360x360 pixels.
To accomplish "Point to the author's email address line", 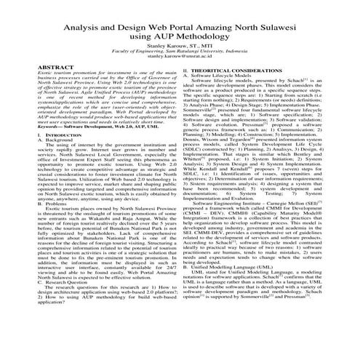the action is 180,60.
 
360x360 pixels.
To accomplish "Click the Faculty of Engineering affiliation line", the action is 180,54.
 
